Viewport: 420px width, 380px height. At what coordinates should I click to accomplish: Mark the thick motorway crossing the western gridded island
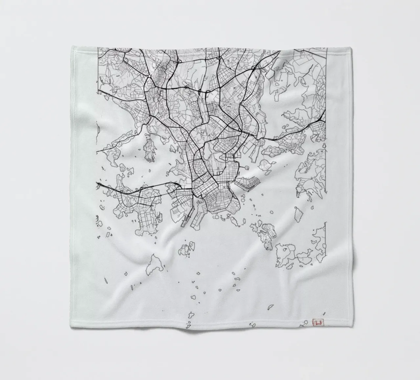click(131, 193)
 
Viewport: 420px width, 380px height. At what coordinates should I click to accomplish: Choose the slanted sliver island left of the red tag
click(271, 307)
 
